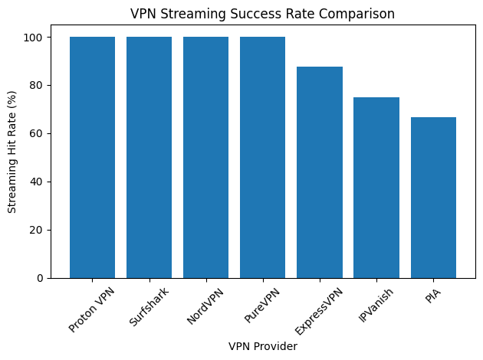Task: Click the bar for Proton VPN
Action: point(92,157)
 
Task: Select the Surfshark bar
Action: point(149,157)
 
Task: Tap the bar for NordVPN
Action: point(205,157)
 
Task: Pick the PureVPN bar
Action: point(262,157)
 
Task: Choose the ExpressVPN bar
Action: point(320,172)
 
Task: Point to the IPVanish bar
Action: point(376,188)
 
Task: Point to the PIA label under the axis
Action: point(433,295)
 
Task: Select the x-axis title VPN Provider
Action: point(262,347)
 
